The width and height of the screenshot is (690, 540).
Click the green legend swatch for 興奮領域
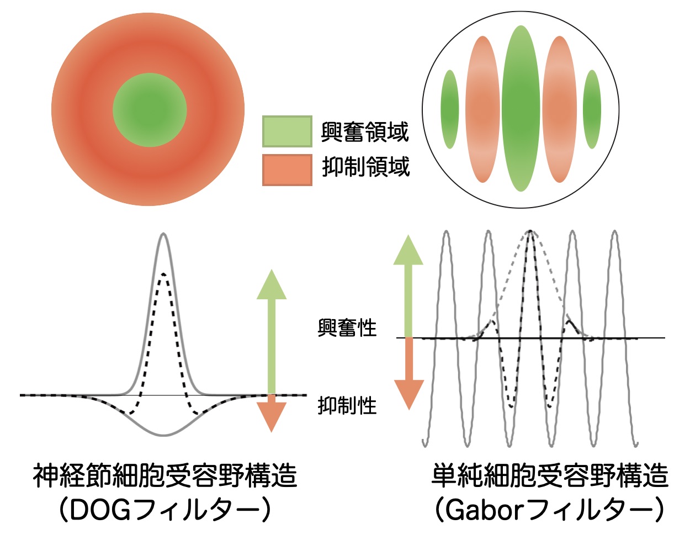coord(287,131)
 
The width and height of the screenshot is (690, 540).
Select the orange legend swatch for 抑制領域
coord(287,170)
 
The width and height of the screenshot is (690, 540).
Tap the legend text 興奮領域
coord(365,132)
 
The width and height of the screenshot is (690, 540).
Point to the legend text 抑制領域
coord(365,167)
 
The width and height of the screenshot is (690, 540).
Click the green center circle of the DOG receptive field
coord(150,110)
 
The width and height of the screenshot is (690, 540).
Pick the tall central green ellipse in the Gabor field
coord(521,108)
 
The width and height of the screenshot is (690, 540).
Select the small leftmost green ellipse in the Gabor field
coord(450,109)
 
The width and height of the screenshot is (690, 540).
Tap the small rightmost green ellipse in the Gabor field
coord(592,109)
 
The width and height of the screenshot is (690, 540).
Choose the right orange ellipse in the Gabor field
coord(560,109)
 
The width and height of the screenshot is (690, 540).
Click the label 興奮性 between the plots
coord(347,327)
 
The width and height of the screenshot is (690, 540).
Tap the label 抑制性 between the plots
coord(347,405)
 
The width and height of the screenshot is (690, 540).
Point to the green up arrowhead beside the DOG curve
coord(272,284)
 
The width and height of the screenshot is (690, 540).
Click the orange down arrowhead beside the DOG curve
coord(272,417)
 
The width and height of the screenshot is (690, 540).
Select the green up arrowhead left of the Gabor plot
coord(408,250)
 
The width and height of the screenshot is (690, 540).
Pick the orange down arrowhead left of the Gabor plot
coord(409,395)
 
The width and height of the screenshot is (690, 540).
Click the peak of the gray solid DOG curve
coord(163,234)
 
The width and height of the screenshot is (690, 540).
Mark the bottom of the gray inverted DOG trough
coord(163,435)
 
